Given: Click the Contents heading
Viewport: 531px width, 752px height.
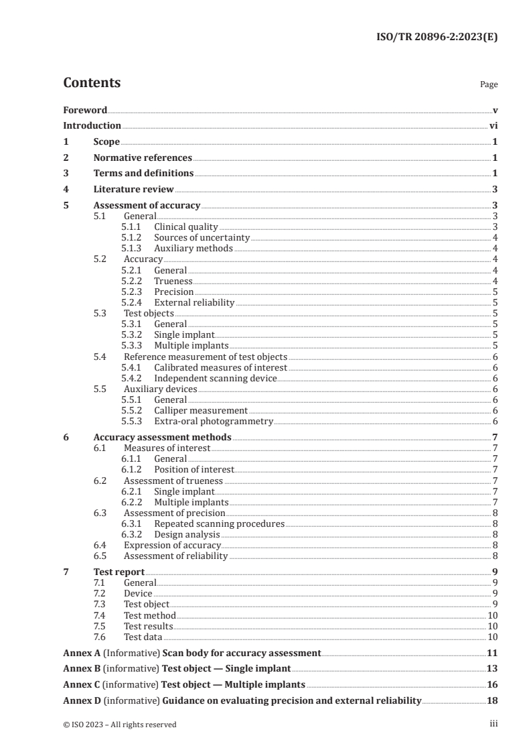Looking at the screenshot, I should [92, 83].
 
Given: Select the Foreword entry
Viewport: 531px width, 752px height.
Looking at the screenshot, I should [85, 110].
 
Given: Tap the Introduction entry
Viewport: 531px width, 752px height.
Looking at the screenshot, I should [92, 125].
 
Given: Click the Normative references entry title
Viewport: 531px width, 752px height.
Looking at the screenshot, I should [143, 158].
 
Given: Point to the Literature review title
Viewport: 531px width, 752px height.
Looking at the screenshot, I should [133, 190].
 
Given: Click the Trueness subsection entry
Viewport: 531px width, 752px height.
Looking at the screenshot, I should [173, 281].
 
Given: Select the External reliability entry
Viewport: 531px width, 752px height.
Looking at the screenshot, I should [194, 302].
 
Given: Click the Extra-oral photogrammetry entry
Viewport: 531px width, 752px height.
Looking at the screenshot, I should [214, 421].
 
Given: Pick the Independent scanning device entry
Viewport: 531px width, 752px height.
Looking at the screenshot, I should [215, 378].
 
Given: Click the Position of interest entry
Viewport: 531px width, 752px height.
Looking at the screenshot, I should [194, 469].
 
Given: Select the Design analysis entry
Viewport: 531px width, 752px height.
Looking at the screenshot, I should [187, 534].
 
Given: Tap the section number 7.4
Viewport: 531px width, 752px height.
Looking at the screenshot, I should [100, 615].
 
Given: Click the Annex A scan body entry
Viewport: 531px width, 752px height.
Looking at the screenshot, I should [192, 652].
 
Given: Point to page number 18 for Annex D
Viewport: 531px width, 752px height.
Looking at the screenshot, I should [492, 700].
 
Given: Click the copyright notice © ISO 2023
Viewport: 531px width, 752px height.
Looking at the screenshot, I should [120, 725].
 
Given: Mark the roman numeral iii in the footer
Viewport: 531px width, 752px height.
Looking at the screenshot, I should [494, 724].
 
